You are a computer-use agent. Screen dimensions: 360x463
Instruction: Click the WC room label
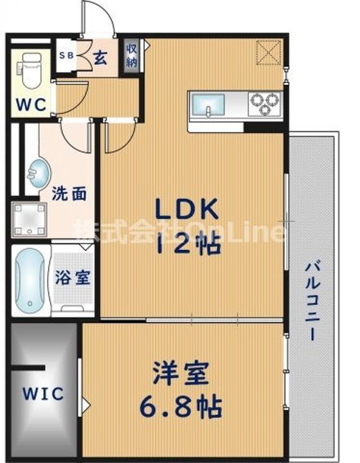31,104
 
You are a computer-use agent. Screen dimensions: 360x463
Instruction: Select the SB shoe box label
67,56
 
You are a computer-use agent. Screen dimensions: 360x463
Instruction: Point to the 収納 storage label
132,55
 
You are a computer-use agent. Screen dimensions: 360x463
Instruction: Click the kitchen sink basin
208,105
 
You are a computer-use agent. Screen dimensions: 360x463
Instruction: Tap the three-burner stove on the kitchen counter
264,103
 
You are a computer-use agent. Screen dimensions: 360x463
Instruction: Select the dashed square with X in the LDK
268,52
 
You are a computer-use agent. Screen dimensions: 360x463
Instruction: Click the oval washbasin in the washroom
39,174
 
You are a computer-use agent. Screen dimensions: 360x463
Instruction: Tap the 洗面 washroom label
69,194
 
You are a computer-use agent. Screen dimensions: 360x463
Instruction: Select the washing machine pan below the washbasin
29,220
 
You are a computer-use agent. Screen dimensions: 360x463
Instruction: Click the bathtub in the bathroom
30,280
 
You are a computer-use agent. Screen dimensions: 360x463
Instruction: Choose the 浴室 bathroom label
73,278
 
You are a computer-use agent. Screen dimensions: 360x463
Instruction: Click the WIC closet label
43,394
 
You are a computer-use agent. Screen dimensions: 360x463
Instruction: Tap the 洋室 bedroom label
181,374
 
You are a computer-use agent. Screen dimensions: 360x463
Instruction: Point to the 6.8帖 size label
181,406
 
